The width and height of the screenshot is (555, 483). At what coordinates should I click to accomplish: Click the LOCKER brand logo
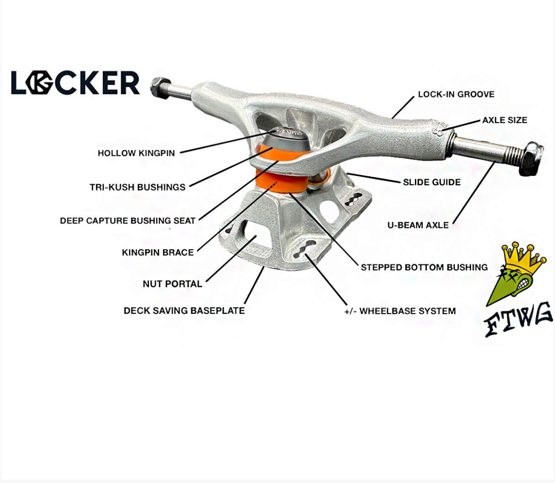click(x=75, y=83)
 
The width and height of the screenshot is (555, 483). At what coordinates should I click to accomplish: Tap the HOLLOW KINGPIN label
click(x=136, y=153)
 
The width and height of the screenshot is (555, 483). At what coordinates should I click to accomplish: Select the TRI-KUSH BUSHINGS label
click(x=137, y=187)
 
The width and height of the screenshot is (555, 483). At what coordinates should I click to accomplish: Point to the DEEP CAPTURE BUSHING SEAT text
click(x=127, y=220)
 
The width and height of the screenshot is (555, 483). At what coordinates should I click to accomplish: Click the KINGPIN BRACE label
click(x=158, y=252)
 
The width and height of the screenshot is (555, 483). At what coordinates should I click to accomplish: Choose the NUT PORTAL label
click(x=172, y=284)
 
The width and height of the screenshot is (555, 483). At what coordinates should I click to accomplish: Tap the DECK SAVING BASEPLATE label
click(x=184, y=311)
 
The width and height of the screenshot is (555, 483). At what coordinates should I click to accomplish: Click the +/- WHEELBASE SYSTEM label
click(x=400, y=311)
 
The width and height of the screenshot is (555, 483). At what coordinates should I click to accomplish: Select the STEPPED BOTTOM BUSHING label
click(x=424, y=267)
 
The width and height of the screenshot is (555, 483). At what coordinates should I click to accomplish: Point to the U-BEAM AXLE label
click(x=418, y=225)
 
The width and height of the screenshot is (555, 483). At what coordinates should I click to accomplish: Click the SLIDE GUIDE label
click(x=432, y=182)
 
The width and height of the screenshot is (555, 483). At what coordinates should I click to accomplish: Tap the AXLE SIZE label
click(x=504, y=120)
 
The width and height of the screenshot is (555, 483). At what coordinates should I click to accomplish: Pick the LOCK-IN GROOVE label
click(x=456, y=94)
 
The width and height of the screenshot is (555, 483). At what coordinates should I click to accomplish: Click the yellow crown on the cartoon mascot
click(x=524, y=256)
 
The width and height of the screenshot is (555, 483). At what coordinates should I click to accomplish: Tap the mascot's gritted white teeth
click(x=523, y=285)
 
